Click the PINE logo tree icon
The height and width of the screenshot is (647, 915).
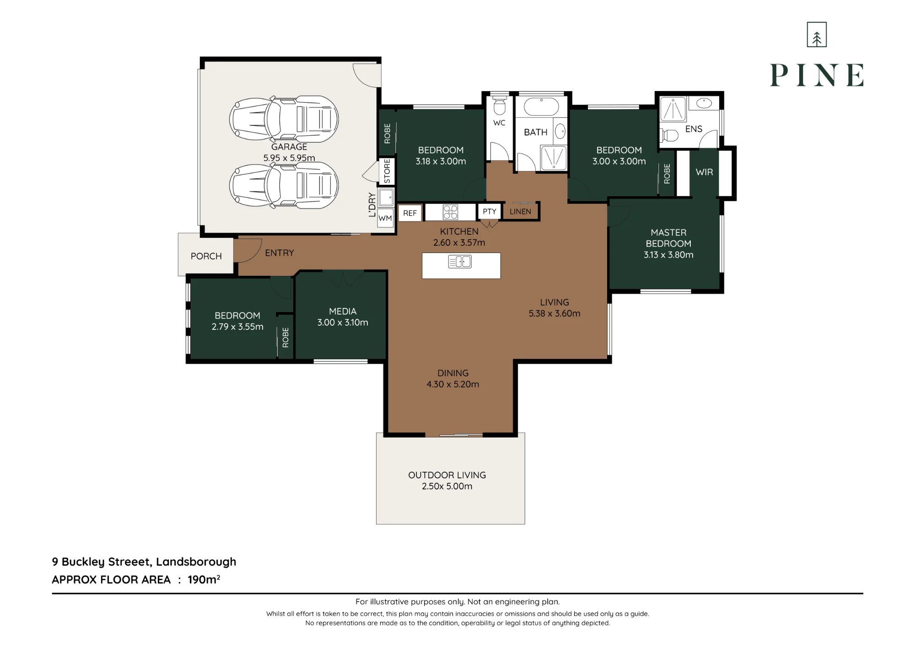pyautogui.click(x=817, y=34)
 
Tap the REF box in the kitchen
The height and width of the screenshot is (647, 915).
pyautogui.click(x=410, y=213)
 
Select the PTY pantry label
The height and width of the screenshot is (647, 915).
pyautogui.click(x=490, y=211)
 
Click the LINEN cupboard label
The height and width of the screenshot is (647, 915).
pyautogui.click(x=521, y=211)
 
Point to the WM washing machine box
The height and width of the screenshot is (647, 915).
pyautogui.click(x=385, y=218)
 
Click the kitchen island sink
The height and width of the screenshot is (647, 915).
pyautogui.click(x=460, y=262)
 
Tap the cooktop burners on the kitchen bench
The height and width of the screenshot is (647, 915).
pyautogui.click(x=450, y=212)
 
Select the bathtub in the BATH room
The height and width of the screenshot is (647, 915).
pyautogui.click(x=542, y=107)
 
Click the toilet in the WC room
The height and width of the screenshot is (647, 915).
pyautogui.click(x=500, y=105)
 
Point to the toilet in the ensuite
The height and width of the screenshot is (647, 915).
pyautogui.click(x=669, y=135)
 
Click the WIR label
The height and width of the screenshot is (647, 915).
pyautogui.click(x=705, y=172)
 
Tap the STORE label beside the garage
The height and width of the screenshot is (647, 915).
pyautogui.click(x=388, y=171)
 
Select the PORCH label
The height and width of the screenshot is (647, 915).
pyautogui.click(x=206, y=256)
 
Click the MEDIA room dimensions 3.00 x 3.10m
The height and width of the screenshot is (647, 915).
pyautogui.click(x=343, y=323)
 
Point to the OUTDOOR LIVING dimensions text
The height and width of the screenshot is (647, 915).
pyautogui.click(x=447, y=486)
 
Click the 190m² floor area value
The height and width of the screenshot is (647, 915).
pyautogui.click(x=204, y=579)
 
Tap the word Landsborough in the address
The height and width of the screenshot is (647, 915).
pyautogui.click(x=196, y=562)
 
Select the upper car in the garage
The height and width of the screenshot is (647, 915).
pyautogui.click(x=284, y=119)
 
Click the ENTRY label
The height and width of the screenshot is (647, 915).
pyautogui.click(x=280, y=253)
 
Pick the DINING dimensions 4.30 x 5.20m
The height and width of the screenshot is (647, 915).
pyautogui.click(x=453, y=384)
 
